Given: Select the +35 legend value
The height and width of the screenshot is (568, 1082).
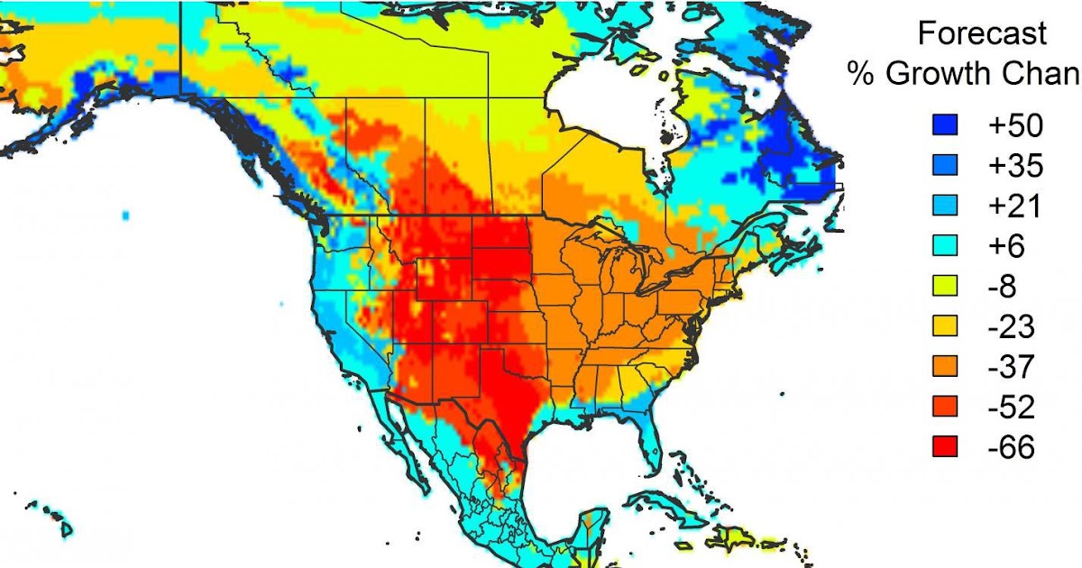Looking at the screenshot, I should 1015,167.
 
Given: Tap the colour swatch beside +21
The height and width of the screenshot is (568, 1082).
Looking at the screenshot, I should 945,207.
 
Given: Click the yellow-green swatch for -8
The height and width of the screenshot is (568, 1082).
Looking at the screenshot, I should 945,287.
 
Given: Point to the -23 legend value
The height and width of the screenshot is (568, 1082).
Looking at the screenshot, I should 1010,327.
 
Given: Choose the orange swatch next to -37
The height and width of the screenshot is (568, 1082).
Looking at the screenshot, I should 945,367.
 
